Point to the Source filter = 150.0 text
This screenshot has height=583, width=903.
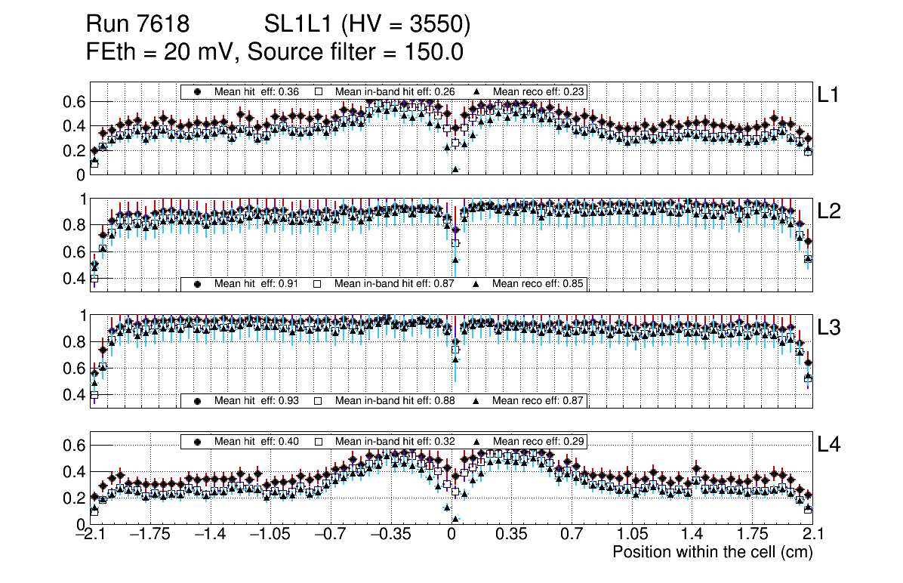point(355,52)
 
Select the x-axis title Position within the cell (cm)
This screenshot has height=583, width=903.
point(712,552)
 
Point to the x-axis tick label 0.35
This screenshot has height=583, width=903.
point(511,535)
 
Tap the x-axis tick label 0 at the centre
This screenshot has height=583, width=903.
point(451,535)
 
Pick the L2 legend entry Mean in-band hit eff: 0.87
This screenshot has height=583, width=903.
point(386,284)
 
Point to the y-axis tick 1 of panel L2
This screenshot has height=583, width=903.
point(81,199)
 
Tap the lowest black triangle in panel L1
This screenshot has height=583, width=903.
point(455,170)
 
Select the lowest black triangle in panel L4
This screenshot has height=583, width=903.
point(455,519)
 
